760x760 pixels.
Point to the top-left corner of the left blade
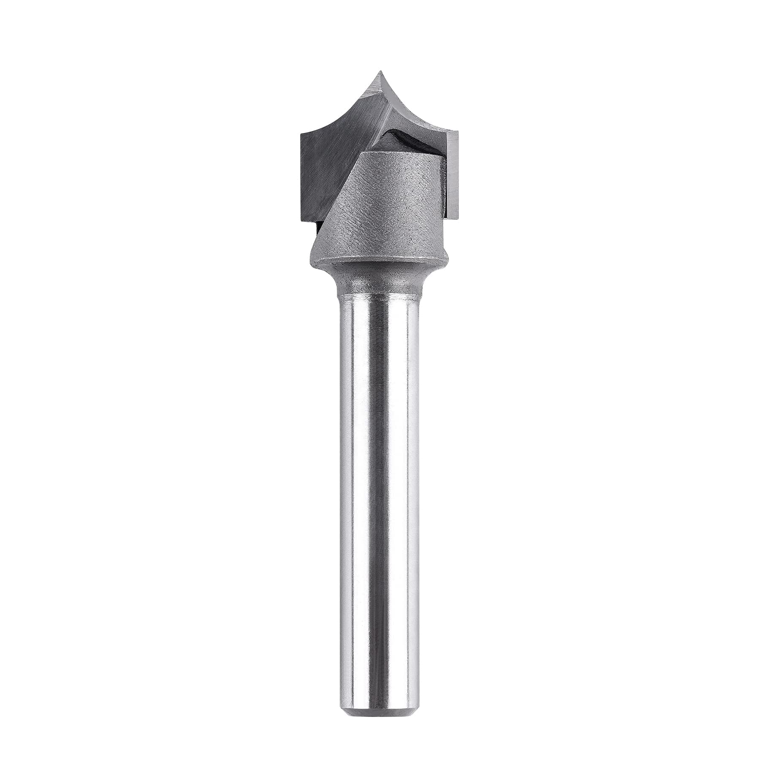301,134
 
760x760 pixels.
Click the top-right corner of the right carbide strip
459,132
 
